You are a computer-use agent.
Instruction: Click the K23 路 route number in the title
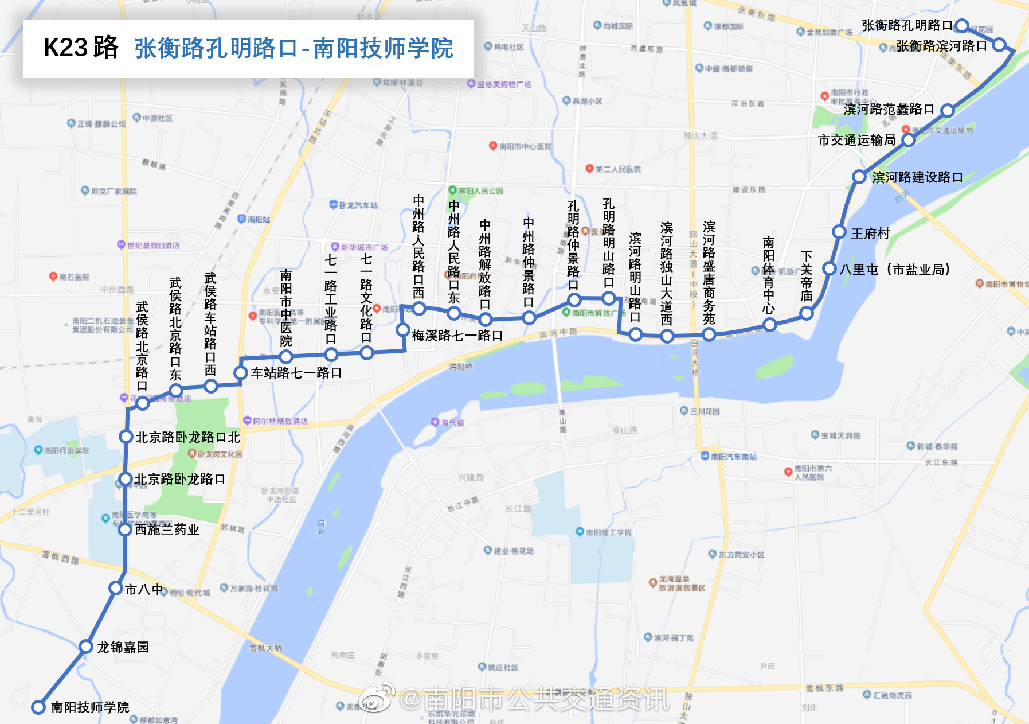pos(81,48)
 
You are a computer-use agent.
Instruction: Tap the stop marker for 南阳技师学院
pos(38,707)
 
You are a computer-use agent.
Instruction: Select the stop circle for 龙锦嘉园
pos(86,647)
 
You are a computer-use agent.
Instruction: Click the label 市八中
pos(144,589)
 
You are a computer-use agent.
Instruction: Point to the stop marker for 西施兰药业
pos(125,529)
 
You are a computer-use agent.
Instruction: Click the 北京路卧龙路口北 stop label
pos(188,437)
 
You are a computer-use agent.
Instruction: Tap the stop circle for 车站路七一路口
pos(241,373)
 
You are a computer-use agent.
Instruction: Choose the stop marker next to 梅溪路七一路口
pos(403,330)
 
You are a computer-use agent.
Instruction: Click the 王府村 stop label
pos(870,233)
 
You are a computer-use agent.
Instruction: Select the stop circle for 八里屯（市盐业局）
pos(830,268)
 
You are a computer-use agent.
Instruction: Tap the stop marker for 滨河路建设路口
pos(859,177)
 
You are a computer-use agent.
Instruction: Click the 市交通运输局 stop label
pos(856,140)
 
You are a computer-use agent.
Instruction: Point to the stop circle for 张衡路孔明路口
pos(962,26)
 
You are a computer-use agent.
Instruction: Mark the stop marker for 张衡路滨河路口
pos(999,45)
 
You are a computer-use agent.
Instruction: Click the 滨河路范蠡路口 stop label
pos(889,109)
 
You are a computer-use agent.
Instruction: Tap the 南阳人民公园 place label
pos(480,191)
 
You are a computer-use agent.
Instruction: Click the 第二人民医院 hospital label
pos(617,169)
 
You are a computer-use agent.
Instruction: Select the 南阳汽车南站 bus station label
pos(733,457)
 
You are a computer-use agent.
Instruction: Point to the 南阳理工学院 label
pos(608,532)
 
